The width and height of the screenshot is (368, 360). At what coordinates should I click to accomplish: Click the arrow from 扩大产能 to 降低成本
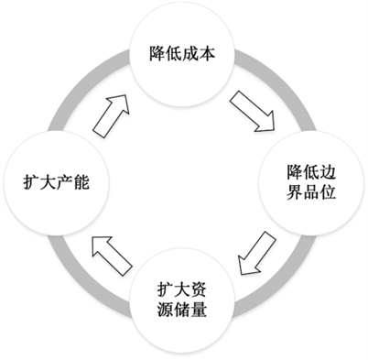click(111, 115)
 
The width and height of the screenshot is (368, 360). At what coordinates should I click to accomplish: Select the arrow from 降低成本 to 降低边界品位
click(253, 111)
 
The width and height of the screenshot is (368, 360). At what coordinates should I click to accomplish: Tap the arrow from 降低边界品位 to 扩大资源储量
click(256, 253)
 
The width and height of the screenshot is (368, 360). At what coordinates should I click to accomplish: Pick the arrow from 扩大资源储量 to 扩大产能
click(112, 256)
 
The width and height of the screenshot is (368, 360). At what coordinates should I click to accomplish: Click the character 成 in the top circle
click(190, 53)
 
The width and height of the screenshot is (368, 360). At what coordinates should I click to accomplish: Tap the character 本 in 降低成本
click(207, 53)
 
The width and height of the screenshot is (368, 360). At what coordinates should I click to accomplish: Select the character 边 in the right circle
click(328, 172)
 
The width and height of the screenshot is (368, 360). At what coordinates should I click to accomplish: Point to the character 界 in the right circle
click(295, 192)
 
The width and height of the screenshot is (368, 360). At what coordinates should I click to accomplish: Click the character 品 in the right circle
click(311, 192)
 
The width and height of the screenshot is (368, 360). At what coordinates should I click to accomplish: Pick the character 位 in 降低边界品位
click(328, 192)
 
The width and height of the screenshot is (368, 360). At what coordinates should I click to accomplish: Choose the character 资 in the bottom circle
click(199, 289)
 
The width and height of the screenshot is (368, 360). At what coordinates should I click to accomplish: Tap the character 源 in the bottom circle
click(166, 310)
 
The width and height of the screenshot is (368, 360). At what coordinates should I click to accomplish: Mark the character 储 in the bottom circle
click(182, 310)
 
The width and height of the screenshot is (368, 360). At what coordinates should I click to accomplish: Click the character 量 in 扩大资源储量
click(199, 310)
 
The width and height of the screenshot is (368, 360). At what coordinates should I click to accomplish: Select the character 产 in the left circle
click(65, 182)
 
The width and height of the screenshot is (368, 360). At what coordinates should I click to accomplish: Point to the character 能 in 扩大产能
click(81, 182)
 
